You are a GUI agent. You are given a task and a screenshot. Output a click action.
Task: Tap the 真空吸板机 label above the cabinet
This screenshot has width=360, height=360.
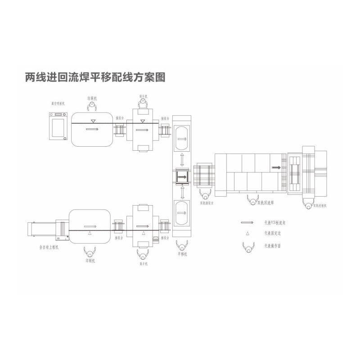[x=58, y=104]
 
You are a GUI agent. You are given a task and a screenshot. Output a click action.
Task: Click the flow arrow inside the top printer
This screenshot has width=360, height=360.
[x=92, y=130]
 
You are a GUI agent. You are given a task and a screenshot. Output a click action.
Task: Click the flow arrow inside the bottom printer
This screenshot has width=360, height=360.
[x=90, y=226]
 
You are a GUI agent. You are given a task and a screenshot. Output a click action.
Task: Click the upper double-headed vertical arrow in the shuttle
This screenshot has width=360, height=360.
[x=182, y=159]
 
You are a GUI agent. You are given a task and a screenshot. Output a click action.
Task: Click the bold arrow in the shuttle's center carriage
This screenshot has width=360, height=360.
[x=182, y=177]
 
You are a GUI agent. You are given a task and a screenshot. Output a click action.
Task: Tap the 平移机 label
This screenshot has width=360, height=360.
[x=182, y=255]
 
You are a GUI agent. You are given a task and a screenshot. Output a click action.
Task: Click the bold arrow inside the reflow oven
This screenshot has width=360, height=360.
[x=275, y=167]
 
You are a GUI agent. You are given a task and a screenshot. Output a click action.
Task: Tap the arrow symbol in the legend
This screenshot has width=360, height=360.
[x=246, y=222]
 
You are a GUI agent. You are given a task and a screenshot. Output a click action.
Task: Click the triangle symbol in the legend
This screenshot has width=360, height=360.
[x=247, y=234]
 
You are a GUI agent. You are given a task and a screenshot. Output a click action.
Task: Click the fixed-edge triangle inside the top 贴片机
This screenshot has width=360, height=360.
[x=143, y=121]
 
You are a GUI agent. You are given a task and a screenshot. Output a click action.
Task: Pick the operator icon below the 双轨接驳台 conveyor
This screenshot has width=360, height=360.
[x=205, y=195]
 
